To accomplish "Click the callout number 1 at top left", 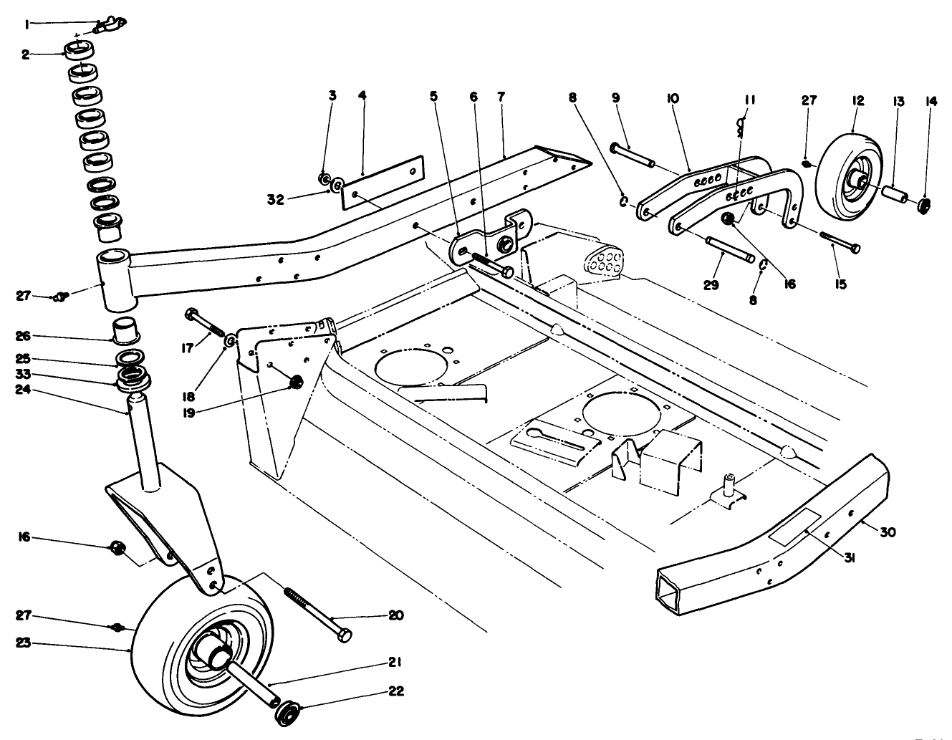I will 27,24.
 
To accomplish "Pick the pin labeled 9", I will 632,155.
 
